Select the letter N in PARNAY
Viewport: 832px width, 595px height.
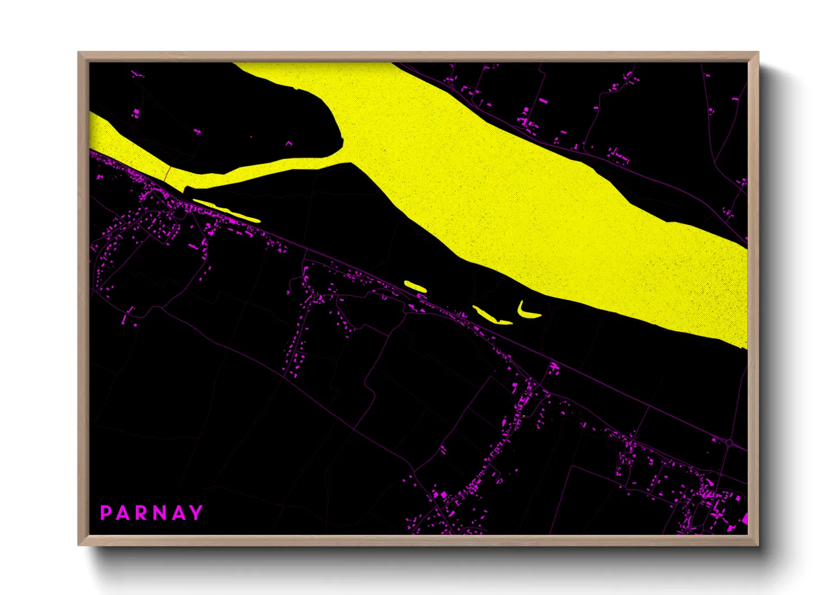click(x=159, y=513)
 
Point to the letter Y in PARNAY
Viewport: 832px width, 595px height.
click(x=196, y=513)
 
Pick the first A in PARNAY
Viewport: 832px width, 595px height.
click(x=123, y=513)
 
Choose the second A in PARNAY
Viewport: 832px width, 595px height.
click(x=178, y=513)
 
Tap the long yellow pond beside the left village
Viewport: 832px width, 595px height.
click(x=226, y=210)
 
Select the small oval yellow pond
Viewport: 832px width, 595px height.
click(x=415, y=286)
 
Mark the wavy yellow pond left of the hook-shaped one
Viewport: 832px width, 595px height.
click(x=491, y=316)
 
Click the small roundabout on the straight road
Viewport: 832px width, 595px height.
click(x=729, y=443)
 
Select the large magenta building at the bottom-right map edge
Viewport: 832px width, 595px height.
click(x=745, y=517)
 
